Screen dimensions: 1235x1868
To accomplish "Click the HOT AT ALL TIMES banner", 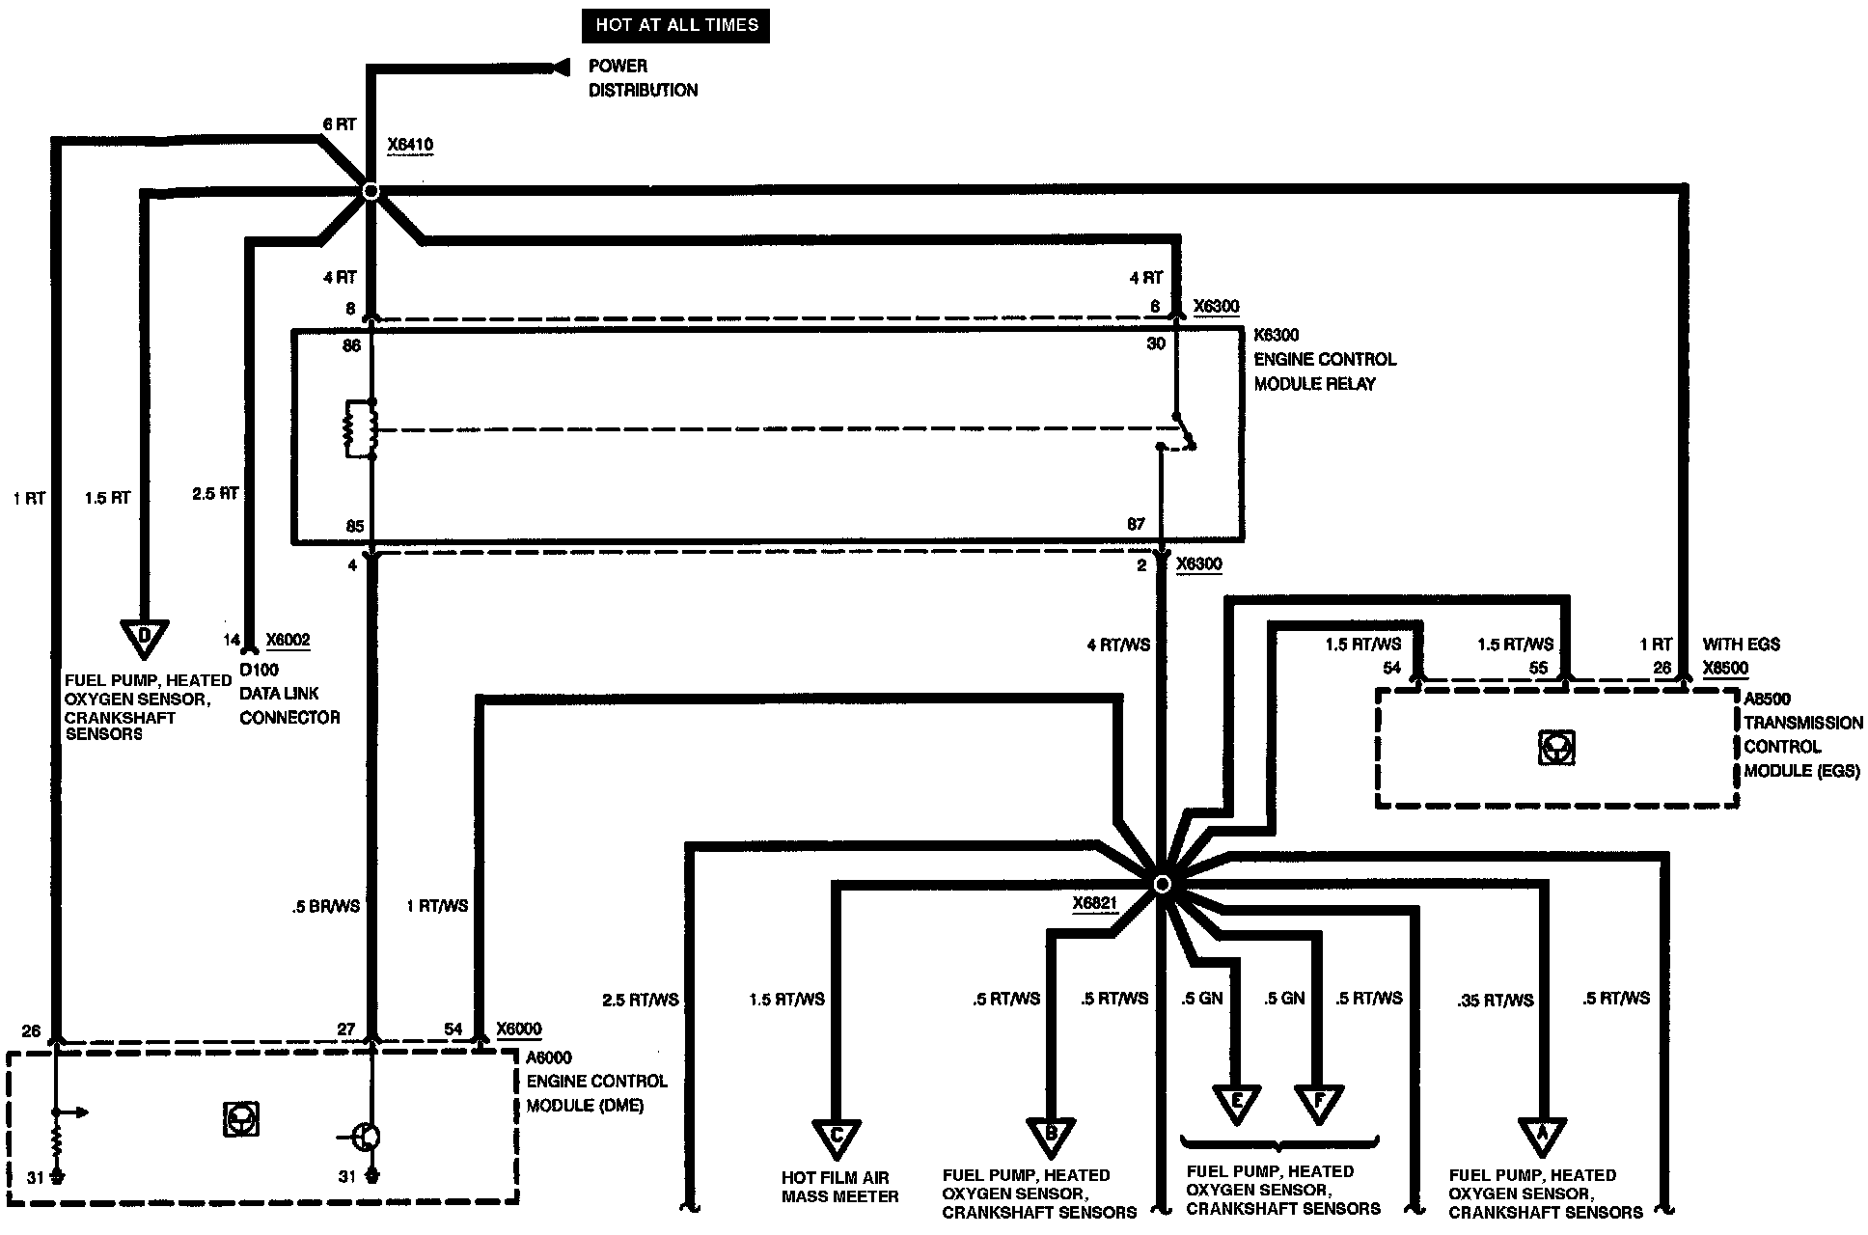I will click(675, 25).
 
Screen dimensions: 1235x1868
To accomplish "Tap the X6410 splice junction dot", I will click(370, 191).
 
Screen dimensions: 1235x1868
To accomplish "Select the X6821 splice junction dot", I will click(1162, 884).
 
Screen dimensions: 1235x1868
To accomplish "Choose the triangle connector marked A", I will click(1541, 1136).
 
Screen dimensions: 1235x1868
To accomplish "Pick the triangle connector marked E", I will click(1236, 1103).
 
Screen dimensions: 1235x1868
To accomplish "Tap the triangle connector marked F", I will click(1318, 1103).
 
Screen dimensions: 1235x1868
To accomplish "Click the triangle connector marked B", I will click(1052, 1136).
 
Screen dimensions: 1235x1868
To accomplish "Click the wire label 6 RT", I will click(339, 124).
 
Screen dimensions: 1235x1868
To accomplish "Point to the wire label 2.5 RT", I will click(215, 493).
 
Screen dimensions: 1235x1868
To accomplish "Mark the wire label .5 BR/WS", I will click(325, 906).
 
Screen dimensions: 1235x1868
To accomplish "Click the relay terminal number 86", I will click(351, 344).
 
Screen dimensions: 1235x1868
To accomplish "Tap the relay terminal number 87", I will click(1136, 525).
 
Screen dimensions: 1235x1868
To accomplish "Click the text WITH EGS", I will click(1741, 645).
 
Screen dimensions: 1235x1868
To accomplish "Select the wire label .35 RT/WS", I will click(1495, 1000).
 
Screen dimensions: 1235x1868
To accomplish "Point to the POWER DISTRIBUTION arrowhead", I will click(557, 68).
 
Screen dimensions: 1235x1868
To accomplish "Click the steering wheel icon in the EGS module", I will click(1556, 748).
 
